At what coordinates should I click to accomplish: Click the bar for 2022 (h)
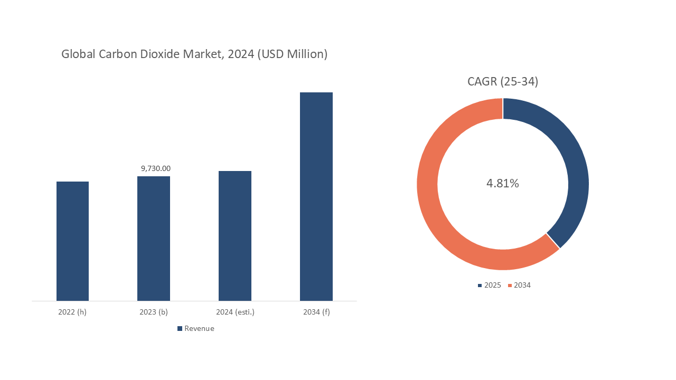tap(72, 241)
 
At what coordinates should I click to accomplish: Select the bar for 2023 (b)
tap(154, 239)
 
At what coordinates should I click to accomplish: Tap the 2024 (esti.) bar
tap(235, 236)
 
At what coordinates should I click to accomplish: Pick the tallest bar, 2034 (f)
tap(316, 196)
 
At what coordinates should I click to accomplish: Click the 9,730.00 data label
tap(155, 168)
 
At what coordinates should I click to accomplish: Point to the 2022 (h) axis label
tap(72, 312)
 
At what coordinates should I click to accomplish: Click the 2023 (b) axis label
tap(154, 312)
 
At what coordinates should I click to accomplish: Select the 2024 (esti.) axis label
tap(235, 312)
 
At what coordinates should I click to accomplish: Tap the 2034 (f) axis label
tap(316, 312)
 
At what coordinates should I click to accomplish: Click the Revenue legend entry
tap(199, 328)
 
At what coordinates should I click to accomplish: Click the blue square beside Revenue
tap(180, 328)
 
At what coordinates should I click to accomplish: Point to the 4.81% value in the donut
tap(503, 183)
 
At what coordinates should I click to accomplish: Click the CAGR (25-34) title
tap(503, 81)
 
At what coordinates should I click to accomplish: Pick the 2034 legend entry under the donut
tap(522, 285)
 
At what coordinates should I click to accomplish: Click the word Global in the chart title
tap(77, 54)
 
